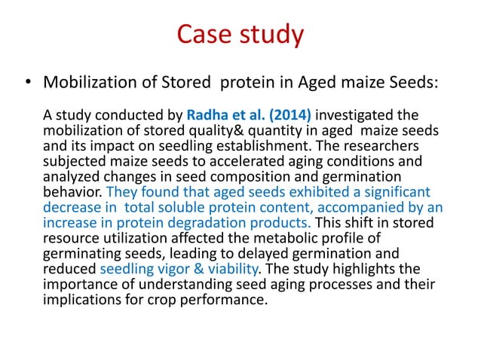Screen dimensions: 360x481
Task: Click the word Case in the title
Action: pyautogui.click(x=201, y=35)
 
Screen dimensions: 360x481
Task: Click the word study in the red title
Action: pyautogui.click(x=269, y=35)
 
